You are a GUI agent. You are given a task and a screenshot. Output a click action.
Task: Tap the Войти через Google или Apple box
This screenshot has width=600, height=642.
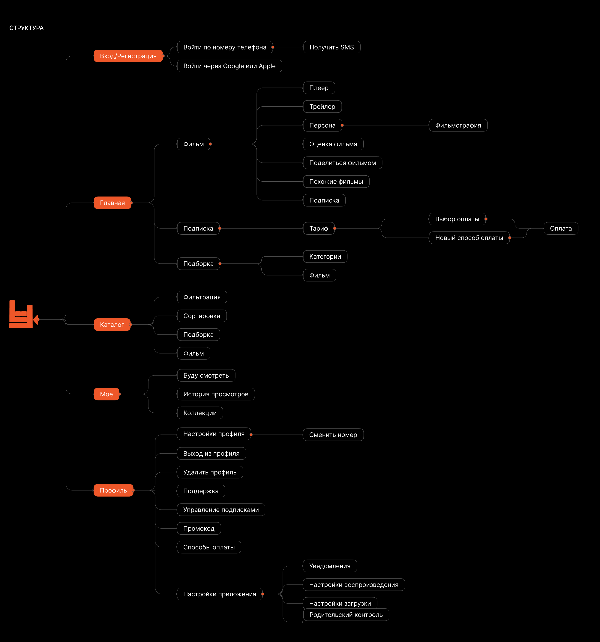(229, 66)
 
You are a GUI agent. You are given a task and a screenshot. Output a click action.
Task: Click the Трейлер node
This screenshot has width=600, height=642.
(322, 107)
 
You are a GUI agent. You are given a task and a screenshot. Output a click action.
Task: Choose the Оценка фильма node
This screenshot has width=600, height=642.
(333, 144)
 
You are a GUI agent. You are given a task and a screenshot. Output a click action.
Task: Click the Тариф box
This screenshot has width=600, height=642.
(319, 228)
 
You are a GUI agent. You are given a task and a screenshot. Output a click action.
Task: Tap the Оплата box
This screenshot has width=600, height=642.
(561, 228)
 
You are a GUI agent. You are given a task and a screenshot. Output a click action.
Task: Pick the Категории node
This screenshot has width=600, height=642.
(325, 256)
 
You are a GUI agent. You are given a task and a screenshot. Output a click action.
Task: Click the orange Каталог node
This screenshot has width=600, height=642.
(112, 325)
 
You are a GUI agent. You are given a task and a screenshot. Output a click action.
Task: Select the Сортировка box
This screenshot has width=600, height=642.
(202, 316)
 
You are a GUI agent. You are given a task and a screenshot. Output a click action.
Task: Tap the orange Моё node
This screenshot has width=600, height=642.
(106, 394)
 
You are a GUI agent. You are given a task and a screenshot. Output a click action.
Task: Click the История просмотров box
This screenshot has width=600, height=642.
(216, 394)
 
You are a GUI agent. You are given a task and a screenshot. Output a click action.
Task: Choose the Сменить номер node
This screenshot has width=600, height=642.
(333, 435)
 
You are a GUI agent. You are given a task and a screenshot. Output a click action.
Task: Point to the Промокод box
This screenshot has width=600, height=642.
(199, 528)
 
